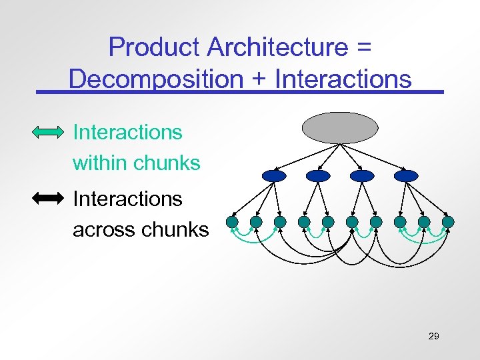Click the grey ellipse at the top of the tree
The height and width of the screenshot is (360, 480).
point(340,127)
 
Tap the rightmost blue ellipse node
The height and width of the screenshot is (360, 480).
point(406,175)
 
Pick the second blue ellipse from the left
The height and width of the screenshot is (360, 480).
point(318,175)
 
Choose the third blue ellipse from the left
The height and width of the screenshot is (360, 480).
point(362,175)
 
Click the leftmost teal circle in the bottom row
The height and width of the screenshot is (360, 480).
point(232,221)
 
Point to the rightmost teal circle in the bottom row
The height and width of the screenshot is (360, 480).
point(448,221)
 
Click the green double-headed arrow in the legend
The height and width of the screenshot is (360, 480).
point(49,133)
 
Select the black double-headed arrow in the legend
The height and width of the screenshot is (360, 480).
point(49,198)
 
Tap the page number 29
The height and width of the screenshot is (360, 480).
point(433,336)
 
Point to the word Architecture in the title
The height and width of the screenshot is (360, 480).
point(277,47)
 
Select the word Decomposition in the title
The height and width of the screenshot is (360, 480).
point(155,79)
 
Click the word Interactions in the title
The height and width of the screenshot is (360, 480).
point(343,79)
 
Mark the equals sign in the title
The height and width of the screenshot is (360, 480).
point(363,48)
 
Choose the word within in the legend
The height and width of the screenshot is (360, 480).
point(100,163)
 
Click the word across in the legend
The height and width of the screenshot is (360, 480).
point(104,230)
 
